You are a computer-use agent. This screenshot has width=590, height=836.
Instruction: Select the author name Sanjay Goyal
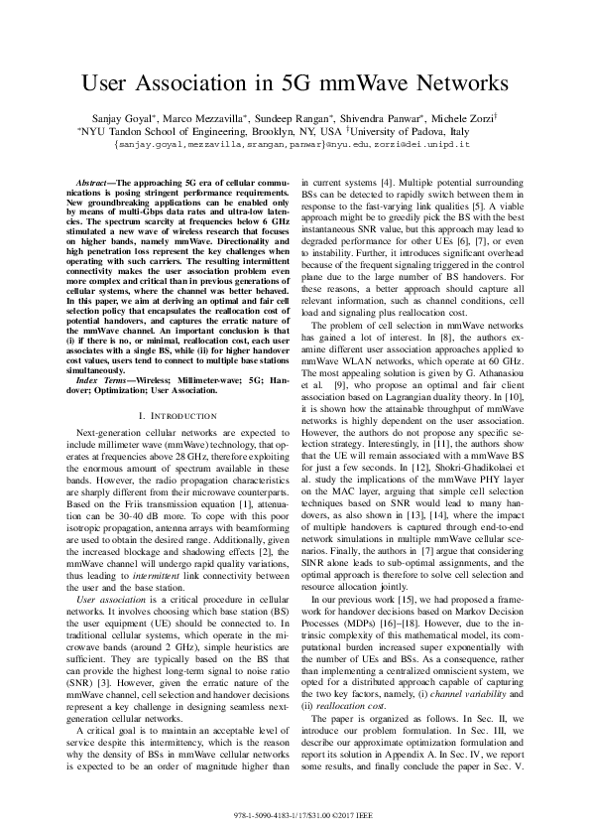pos(108,117)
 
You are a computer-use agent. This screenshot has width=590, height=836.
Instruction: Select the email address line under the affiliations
pos(294,143)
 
